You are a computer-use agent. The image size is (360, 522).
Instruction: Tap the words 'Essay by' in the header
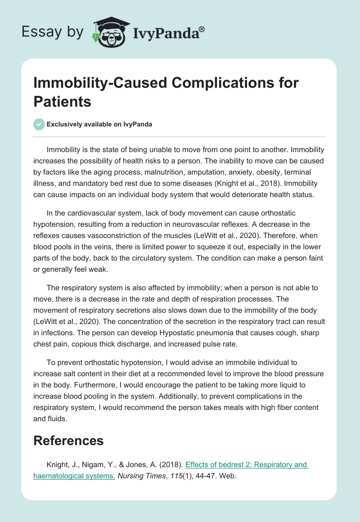click(53, 32)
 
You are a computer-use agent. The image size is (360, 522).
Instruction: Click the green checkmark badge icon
click(39, 124)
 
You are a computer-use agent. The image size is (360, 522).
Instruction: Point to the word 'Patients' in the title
click(63, 101)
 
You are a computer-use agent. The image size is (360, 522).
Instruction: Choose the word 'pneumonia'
click(220, 344)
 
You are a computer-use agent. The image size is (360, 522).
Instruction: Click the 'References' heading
click(68, 440)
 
